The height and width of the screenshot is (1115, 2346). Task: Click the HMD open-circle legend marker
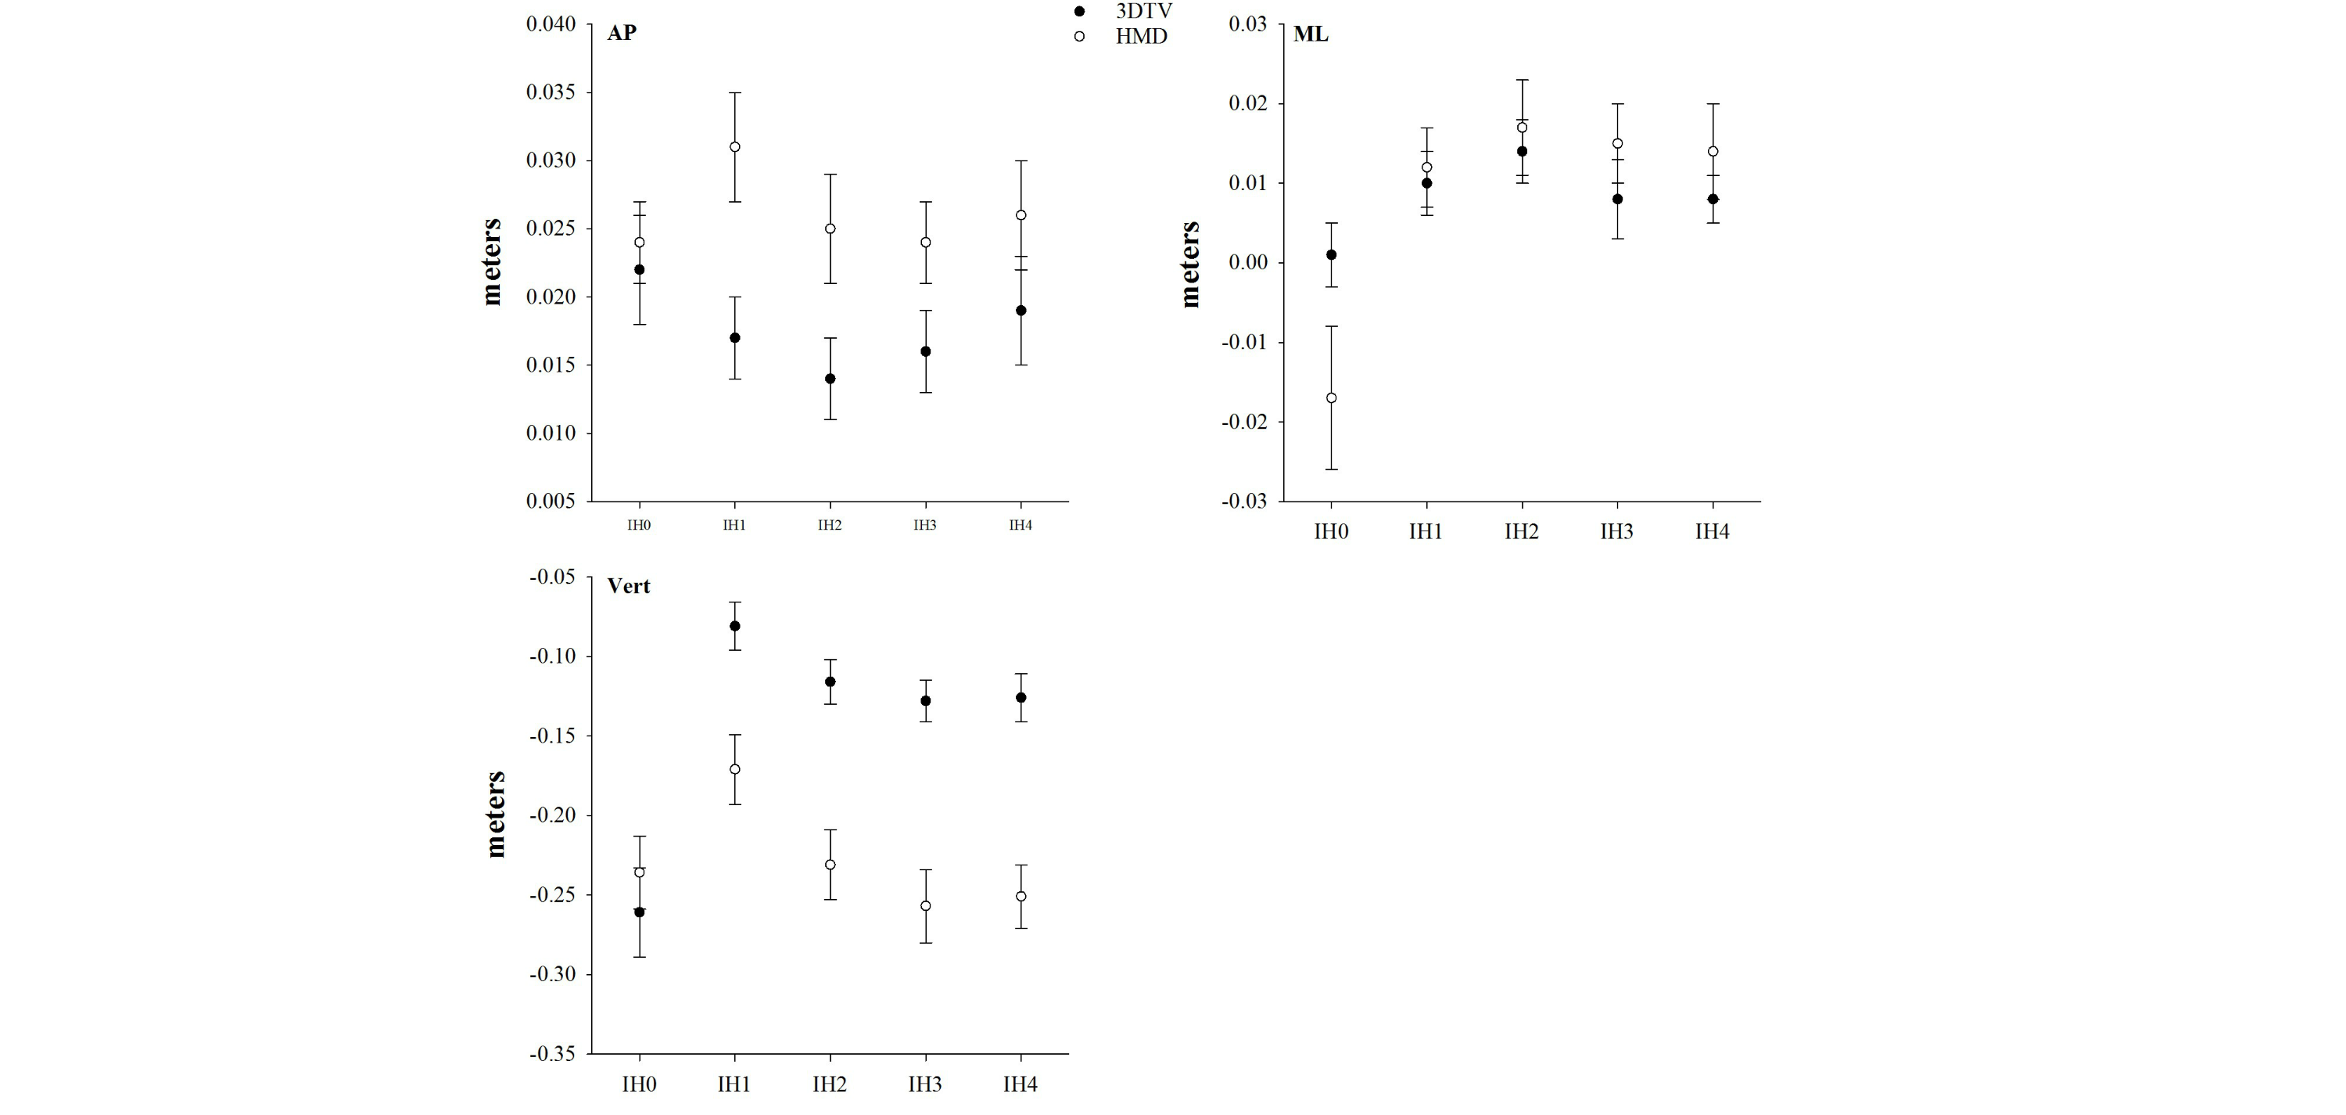(x=1079, y=38)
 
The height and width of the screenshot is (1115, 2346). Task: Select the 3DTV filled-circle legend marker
(x=1079, y=11)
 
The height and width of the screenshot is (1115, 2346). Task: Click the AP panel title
(x=622, y=33)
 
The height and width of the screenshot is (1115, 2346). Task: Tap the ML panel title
(x=1311, y=34)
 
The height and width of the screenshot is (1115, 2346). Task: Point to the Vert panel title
(x=629, y=586)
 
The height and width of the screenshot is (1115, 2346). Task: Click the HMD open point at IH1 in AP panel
(x=735, y=146)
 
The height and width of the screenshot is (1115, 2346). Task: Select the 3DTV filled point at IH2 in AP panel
(x=830, y=379)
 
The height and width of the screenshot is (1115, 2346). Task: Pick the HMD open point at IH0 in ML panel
(x=1332, y=398)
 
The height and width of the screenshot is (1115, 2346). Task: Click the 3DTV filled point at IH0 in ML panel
(x=1332, y=255)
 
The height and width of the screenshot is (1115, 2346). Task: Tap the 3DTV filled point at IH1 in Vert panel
(x=735, y=626)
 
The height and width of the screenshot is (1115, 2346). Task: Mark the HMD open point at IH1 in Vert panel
(x=735, y=769)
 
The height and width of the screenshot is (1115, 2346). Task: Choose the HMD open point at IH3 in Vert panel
(x=925, y=905)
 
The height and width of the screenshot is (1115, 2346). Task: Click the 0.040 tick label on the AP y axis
(x=551, y=23)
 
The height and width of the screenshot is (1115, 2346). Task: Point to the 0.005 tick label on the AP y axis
(x=551, y=501)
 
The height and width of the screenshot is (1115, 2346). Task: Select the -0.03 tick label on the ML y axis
(x=1244, y=501)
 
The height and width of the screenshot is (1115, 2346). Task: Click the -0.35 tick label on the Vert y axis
(x=553, y=1054)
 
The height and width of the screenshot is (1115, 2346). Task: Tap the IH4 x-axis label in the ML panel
(x=1712, y=532)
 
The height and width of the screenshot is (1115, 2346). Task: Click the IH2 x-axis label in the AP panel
(x=830, y=526)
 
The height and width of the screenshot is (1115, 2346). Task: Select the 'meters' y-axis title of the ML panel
(x=1190, y=264)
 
